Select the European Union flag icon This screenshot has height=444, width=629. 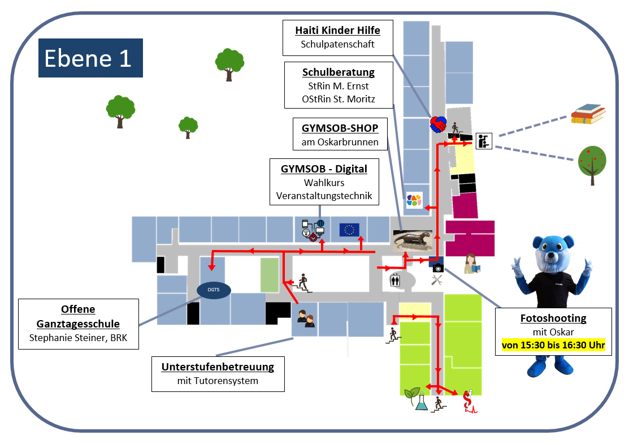click(349, 230)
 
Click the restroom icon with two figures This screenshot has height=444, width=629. click(396, 279)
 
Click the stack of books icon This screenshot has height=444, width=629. click(588, 114)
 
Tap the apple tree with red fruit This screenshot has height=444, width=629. click(592, 164)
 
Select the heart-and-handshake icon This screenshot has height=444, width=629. click(439, 124)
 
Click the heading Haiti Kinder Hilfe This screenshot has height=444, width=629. click(337, 31)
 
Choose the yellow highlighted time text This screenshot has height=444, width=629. click(553, 345)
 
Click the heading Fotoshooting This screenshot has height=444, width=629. click(553, 318)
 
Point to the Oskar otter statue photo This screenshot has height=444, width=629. click(413, 240)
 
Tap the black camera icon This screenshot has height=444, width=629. click(438, 268)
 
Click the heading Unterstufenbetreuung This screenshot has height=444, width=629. click(218, 367)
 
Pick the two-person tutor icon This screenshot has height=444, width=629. click(306, 318)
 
